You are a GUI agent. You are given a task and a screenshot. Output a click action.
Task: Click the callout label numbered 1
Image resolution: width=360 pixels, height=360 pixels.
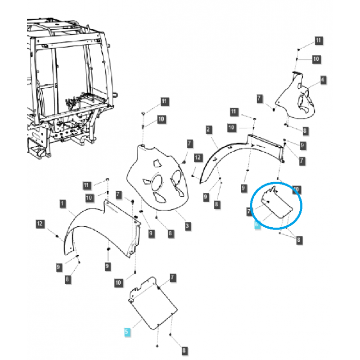tap(62, 204)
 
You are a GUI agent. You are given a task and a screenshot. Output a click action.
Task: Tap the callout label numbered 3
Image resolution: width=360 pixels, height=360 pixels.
tap(187, 225)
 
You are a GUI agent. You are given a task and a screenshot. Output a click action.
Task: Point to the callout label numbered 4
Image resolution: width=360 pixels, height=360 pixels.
tap(323, 80)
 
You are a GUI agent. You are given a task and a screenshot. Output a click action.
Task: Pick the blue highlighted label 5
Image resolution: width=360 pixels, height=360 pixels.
tap(127, 332)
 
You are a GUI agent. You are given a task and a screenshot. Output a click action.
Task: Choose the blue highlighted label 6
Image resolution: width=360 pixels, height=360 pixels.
tap(257, 224)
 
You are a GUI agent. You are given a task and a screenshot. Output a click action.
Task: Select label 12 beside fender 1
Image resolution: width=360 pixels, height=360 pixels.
tap(40, 223)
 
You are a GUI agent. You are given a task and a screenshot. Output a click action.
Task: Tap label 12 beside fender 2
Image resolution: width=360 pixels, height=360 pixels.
tap(198, 157)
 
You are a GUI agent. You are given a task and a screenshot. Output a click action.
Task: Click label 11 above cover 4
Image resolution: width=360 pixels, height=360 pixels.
tap(319, 41)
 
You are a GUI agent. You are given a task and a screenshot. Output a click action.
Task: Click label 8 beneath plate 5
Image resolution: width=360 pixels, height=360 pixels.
tap(184, 350)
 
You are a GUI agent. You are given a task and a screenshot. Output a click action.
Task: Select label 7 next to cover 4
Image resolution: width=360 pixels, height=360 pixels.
tap(260, 98)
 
